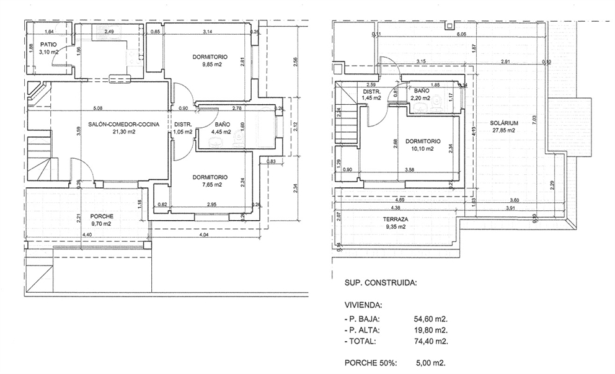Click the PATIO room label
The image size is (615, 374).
coord(50,45)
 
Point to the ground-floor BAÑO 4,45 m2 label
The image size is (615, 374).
coord(221,128)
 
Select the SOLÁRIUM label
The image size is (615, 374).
coord(503,123)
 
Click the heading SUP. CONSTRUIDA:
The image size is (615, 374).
coord(380,282)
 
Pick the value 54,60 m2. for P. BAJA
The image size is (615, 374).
coord(430,318)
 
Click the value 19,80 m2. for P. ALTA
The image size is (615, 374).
coord(430,329)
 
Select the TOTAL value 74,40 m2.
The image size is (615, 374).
coord(430,341)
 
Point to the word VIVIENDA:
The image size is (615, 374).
coord(363,305)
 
